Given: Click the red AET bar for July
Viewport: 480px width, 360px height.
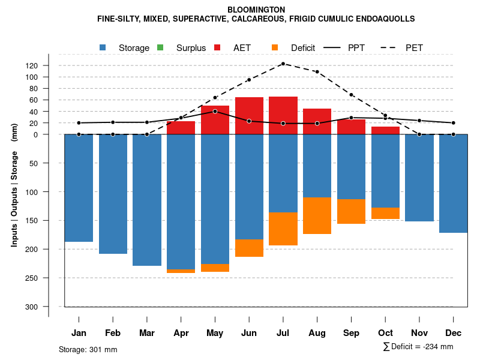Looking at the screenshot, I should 283,115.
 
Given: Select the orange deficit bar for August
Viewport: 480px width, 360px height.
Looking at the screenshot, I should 317,215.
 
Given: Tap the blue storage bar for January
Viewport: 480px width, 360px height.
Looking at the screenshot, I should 79,188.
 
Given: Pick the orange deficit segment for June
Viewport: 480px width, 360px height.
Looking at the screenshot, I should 249,248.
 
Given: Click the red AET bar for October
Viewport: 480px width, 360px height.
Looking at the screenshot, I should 385,130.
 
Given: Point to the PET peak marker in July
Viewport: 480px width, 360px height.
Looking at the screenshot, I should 283,64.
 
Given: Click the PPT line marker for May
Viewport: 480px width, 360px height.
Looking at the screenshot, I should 215,112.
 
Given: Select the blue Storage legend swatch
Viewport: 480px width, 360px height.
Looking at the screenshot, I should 103,48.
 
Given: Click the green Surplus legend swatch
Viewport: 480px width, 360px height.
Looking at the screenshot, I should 160,48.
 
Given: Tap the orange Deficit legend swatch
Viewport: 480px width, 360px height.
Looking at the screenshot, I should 275,48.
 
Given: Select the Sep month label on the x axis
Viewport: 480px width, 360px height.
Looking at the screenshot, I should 351,333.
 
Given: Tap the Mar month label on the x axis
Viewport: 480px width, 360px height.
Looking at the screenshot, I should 147,333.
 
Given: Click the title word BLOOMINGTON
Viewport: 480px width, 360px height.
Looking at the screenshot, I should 256,10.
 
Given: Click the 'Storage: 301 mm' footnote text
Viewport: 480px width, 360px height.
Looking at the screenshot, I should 88,349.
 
